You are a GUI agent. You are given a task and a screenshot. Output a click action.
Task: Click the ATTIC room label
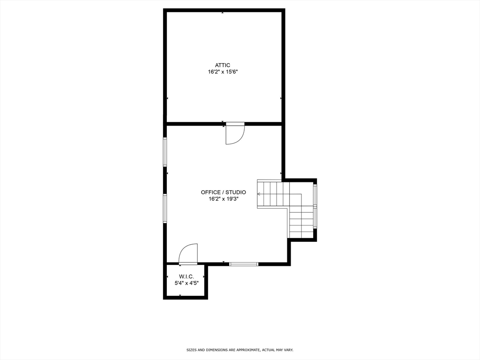(x=223, y=65)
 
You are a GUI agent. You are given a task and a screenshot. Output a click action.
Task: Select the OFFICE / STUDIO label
(x=223, y=192)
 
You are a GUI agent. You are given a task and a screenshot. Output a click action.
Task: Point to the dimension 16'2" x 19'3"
(x=223, y=199)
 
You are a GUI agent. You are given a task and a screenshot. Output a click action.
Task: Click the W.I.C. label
(x=186, y=277)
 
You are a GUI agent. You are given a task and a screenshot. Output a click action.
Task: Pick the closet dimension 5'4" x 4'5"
(x=186, y=283)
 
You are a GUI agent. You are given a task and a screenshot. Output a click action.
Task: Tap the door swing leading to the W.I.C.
(x=188, y=254)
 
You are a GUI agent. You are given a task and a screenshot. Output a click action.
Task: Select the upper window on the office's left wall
(x=165, y=151)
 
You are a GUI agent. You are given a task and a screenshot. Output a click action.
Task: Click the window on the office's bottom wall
(x=244, y=264)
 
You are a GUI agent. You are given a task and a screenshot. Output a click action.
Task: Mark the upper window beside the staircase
(x=315, y=195)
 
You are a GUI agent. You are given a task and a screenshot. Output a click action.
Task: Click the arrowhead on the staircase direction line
(x=259, y=194)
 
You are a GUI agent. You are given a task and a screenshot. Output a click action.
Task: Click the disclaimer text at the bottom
(x=240, y=350)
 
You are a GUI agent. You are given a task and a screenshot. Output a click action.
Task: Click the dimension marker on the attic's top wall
(x=222, y=13)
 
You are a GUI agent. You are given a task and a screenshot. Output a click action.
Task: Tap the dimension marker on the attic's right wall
(x=280, y=98)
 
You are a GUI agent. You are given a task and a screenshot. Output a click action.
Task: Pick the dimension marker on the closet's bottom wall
(x=180, y=295)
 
